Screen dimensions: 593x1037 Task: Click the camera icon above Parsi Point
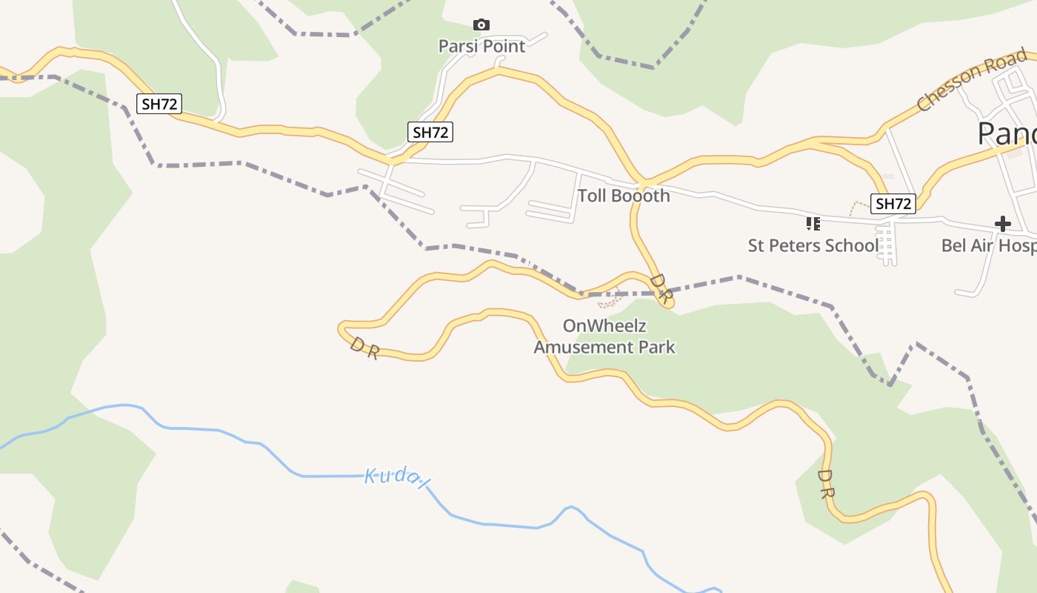click(x=481, y=25)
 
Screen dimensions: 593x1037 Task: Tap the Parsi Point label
click(x=481, y=46)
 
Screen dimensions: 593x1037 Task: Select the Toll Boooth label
click(x=623, y=196)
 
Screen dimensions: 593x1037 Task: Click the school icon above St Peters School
click(x=813, y=223)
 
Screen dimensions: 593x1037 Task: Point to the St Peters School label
click(x=813, y=245)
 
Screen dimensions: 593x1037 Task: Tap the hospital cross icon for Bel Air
click(x=1002, y=223)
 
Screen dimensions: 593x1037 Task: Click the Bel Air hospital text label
click(x=988, y=245)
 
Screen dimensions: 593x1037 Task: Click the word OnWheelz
click(x=605, y=325)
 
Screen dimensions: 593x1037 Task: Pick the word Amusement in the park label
click(x=590, y=347)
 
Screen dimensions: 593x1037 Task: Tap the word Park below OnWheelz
click(x=658, y=347)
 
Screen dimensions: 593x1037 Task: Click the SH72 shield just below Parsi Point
click(x=430, y=133)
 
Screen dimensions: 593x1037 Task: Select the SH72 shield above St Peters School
click(x=893, y=203)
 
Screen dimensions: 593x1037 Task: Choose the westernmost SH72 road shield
click(x=159, y=104)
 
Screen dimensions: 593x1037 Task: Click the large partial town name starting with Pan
click(x=1007, y=133)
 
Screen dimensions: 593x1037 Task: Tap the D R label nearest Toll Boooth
click(x=661, y=289)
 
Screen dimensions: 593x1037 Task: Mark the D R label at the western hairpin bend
click(x=364, y=348)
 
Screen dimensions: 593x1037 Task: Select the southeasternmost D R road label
click(x=826, y=483)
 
